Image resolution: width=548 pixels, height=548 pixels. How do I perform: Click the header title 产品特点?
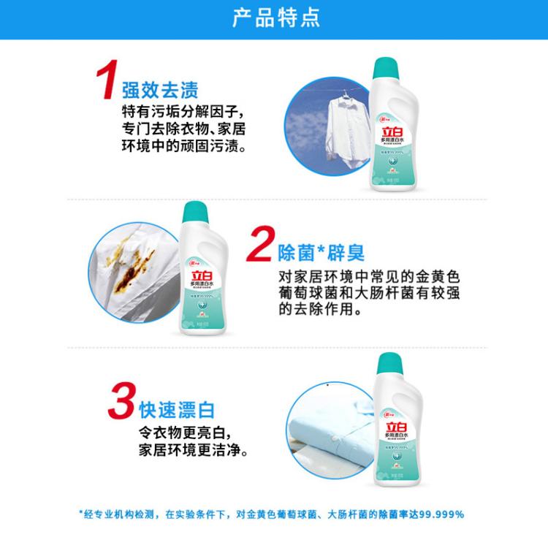coord(275,18)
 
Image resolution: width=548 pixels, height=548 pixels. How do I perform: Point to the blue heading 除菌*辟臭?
coord(323,254)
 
